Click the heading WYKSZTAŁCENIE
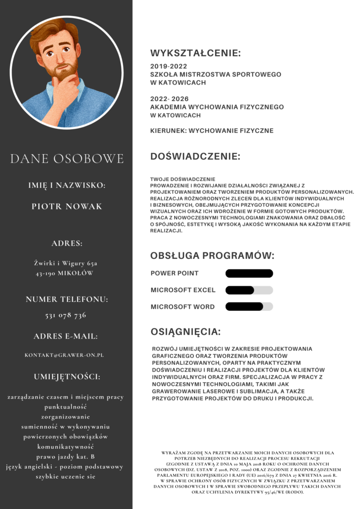[195, 53]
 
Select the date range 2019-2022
[169, 66]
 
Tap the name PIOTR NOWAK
[67, 206]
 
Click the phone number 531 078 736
[66, 315]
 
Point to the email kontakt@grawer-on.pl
[64, 355]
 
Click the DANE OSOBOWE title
[67, 159]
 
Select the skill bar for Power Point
[249, 273]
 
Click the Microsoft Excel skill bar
[249, 290]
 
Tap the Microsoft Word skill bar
[249, 307]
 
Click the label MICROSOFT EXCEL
[183, 290]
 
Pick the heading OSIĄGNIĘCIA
[185, 332]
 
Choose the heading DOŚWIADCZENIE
[195, 157]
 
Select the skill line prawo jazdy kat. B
[65, 456]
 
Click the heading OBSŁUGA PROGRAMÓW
[212, 256]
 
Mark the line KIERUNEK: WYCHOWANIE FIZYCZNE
[212, 131]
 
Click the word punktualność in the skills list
[65, 407]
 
